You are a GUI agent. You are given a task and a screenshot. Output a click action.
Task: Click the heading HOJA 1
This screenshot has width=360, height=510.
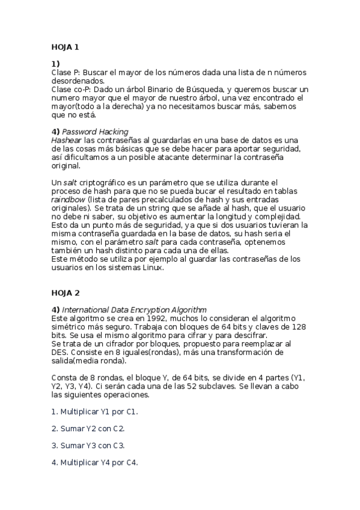[x=65, y=46]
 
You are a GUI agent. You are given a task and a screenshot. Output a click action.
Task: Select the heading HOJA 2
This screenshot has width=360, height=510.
[x=65, y=293]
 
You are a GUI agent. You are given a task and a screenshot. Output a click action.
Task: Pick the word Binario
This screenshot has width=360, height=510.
[x=160, y=89]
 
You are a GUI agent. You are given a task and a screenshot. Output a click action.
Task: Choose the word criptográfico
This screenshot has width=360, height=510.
[x=106, y=182]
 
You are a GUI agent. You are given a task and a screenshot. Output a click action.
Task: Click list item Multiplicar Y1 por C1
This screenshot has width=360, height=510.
[x=94, y=411]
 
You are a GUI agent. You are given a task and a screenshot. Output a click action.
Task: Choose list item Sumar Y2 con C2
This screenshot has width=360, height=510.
[x=88, y=428]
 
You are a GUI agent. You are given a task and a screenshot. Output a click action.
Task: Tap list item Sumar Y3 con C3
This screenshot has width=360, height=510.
[x=88, y=445]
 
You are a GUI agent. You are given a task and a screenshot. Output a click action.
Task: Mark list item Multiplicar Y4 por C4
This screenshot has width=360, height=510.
[x=94, y=462]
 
